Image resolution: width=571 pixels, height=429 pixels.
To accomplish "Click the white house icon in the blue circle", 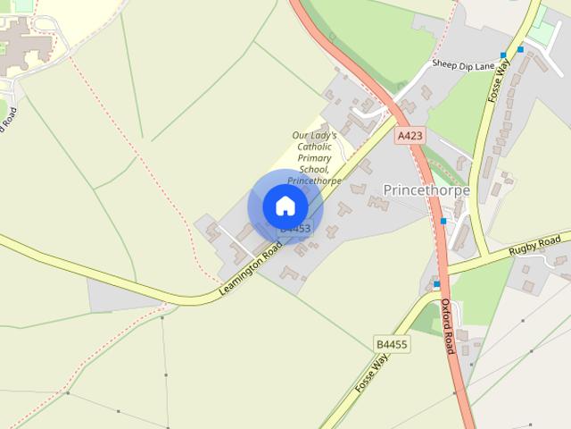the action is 285,206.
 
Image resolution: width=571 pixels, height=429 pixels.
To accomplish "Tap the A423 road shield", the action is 409,136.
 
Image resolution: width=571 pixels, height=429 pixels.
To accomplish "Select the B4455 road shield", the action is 391,343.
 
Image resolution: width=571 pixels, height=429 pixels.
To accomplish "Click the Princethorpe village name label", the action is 426,189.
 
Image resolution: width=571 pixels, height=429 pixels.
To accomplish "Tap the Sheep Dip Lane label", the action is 463,64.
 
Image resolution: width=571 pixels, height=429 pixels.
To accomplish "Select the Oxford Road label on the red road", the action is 448,326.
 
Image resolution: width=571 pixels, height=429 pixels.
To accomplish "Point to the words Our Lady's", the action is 314,136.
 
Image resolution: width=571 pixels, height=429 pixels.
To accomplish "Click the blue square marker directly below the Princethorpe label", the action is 443,221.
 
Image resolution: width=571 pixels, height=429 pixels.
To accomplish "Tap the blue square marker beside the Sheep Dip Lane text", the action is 503,55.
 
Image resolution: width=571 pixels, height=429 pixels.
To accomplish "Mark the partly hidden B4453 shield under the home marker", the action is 295,230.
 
